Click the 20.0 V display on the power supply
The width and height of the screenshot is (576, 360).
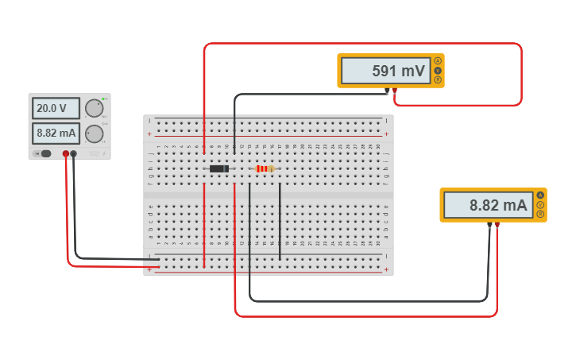(x=55, y=108)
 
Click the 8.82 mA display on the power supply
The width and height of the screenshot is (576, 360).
(x=55, y=133)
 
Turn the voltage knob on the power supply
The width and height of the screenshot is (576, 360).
(x=94, y=108)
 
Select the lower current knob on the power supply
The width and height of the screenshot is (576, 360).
(x=94, y=134)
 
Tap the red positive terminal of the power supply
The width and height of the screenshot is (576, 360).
(x=66, y=153)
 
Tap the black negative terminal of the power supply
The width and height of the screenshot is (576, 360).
(x=74, y=153)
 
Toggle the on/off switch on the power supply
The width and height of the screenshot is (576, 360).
(x=45, y=153)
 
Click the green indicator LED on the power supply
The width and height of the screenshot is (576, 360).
(x=104, y=99)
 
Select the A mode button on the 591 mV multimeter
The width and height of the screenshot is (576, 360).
(x=437, y=61)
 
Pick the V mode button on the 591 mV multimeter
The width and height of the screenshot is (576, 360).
(x=437, y=70)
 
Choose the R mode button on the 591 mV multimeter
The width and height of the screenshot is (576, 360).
(x=437, y=79)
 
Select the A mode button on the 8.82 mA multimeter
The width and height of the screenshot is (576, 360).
(x=540, y=195)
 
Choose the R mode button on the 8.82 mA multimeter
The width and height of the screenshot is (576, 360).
(x=540, y=215)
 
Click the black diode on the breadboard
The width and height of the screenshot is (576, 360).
(x=219, y=168)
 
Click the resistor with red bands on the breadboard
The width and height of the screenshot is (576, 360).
(x=265, y=168)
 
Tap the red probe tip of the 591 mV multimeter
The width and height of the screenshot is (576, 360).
(x=395, y=91)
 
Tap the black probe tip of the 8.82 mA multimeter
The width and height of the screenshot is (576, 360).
(x=489, y=226)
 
